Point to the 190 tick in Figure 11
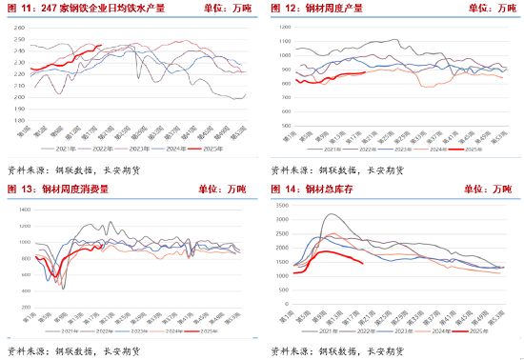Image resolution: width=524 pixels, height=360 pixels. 17,110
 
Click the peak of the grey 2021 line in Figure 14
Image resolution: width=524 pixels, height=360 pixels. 329,216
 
